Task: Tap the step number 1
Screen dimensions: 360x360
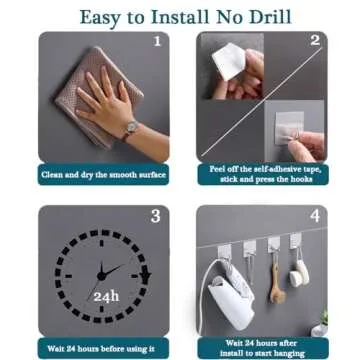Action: [156, 42]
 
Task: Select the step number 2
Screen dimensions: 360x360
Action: [314, 41]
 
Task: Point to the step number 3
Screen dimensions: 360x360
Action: [155, 216]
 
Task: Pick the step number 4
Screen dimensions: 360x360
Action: [314, 216]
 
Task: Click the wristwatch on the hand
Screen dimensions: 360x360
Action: [131, 128]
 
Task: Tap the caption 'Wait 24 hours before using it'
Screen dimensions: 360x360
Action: [101, 348]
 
